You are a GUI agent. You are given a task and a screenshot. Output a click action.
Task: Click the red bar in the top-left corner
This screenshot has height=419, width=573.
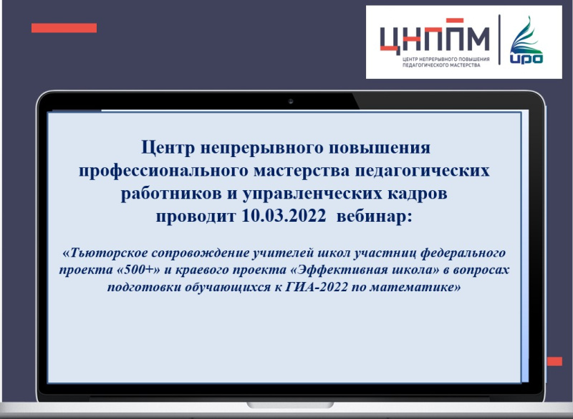click(64, 28)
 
